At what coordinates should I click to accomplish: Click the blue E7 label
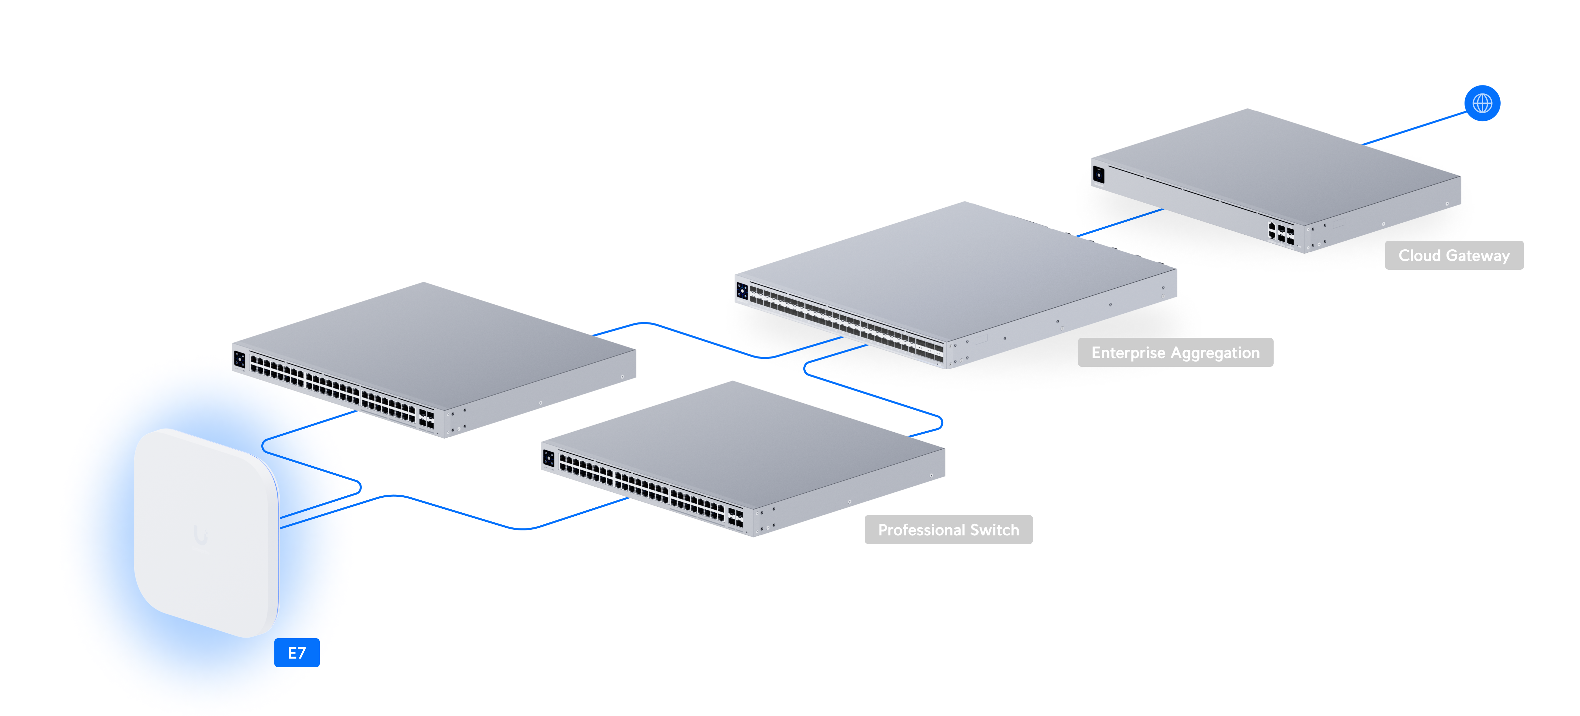297,653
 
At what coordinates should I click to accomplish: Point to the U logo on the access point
201,535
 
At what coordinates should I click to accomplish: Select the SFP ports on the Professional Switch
735,517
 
